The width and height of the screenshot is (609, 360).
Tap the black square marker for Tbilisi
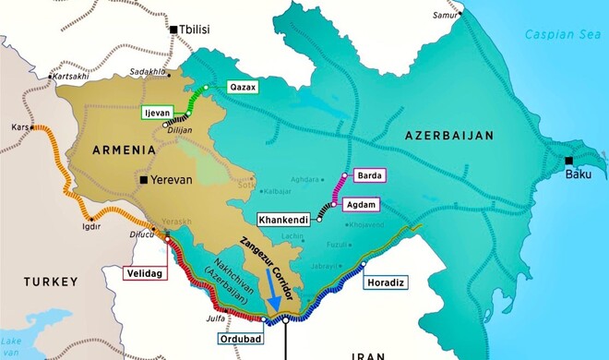pos(172,30)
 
